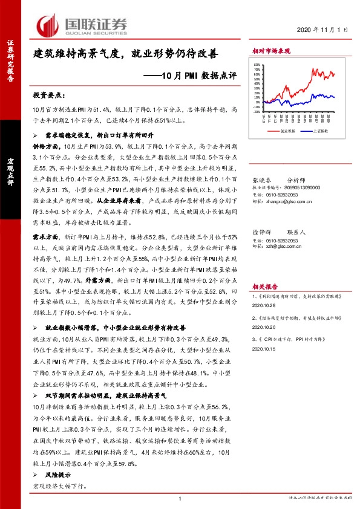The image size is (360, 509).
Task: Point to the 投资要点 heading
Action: (x=48, y=95)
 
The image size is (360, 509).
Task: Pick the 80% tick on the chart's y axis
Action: (x=257, y=65)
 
